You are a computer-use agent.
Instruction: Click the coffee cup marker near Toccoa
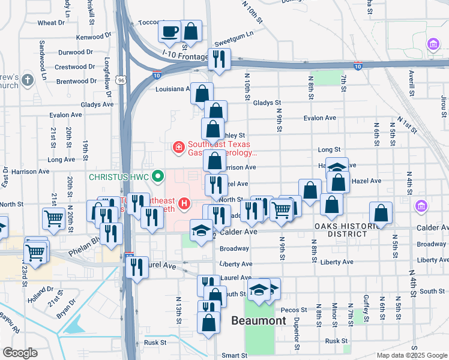pyautogui.click(x=170, y=31)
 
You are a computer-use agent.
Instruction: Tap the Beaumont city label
pyautogui.click(x=259, y=321)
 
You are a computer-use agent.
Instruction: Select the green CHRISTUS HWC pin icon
pyautogui.click(x=158, y=176)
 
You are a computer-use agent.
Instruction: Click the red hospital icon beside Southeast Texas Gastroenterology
pyautogui.click(x=178, y=146)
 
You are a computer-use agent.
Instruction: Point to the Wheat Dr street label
pyautogui.click(x=51, y=23)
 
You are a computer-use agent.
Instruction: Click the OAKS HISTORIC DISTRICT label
pyautogui.click(x=348, y=230)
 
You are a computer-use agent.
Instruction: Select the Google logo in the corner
pyautogui.click(x=19, y=353)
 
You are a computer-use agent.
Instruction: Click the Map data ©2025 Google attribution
pyautogui.click(x=412, y=355)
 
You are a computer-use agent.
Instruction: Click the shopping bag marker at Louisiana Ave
pyautogui.click(x=202, y=93)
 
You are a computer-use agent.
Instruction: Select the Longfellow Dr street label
pyautogui.click(x=108, y=77)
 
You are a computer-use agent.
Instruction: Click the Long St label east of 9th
pyautogui.click(x=329, y=149)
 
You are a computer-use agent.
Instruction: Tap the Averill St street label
pyautogui.click(x=412, y=83)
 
